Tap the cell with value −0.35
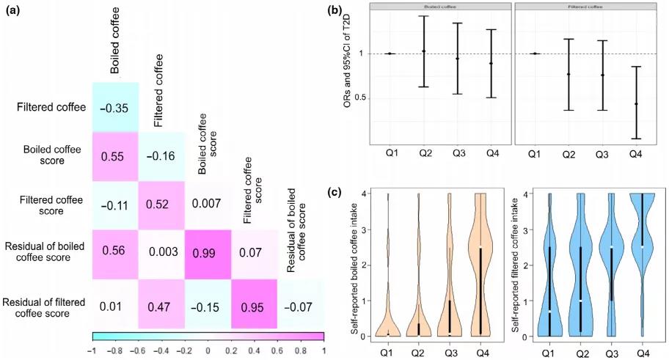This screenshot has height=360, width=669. [x=114, y=108]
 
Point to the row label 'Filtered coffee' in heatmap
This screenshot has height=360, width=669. [x=50, y=108]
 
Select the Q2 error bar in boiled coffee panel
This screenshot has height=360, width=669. [x=423, y=51]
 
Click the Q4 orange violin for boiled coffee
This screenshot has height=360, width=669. [x=479, y=268]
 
